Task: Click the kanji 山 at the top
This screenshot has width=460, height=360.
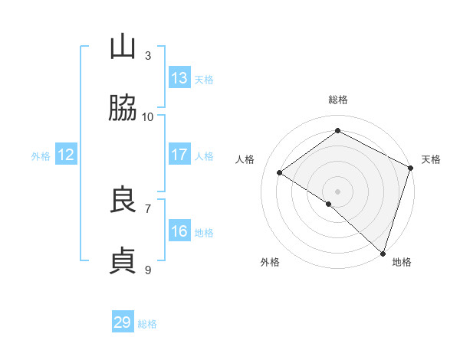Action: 123,48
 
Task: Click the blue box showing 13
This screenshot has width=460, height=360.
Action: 179,78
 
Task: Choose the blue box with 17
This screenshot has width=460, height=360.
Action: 179,155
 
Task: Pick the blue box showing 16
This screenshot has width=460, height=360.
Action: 179,231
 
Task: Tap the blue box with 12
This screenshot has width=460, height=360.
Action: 66,155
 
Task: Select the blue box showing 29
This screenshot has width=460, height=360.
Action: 123,322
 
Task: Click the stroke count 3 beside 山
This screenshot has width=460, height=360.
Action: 148,55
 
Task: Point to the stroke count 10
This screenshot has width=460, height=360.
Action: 148,116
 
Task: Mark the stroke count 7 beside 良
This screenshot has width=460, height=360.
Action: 148,208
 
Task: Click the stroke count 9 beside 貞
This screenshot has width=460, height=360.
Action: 148,270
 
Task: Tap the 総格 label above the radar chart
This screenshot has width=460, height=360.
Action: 338,100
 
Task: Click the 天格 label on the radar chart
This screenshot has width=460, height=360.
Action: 431,159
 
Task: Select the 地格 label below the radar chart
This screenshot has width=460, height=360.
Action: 402,262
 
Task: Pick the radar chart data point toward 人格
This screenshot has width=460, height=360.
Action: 280,172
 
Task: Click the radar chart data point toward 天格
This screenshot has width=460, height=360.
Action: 410,168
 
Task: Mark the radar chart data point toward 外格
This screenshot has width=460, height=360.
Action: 329,204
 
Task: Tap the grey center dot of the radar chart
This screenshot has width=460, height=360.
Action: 338,191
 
